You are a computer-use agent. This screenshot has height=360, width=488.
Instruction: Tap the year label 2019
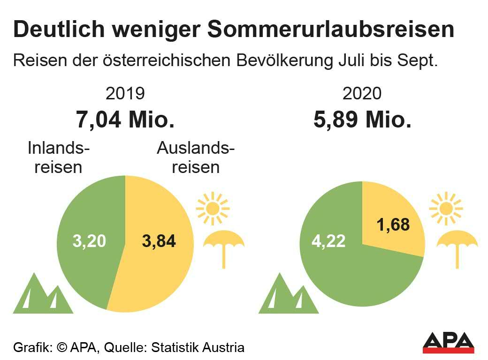coord(125,94)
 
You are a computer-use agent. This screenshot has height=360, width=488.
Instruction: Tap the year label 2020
coord(362,94)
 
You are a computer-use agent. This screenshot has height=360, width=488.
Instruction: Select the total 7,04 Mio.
coord(125,120)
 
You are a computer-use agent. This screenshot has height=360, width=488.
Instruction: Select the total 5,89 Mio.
coord(362,120)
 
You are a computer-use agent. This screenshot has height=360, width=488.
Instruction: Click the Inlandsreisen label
coord(59,157)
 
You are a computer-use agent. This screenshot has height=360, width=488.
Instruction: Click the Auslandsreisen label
coord(195,157)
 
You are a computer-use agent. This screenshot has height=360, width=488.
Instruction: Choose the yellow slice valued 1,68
coord(392,220)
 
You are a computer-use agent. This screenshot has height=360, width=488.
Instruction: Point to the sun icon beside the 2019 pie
coord(213,207)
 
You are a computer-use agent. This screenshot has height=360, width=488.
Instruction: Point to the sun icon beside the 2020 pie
coord(446,207)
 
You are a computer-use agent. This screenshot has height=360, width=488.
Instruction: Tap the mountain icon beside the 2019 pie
coord(42,295)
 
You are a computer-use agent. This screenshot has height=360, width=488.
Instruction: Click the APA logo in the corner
coord(448,343)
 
